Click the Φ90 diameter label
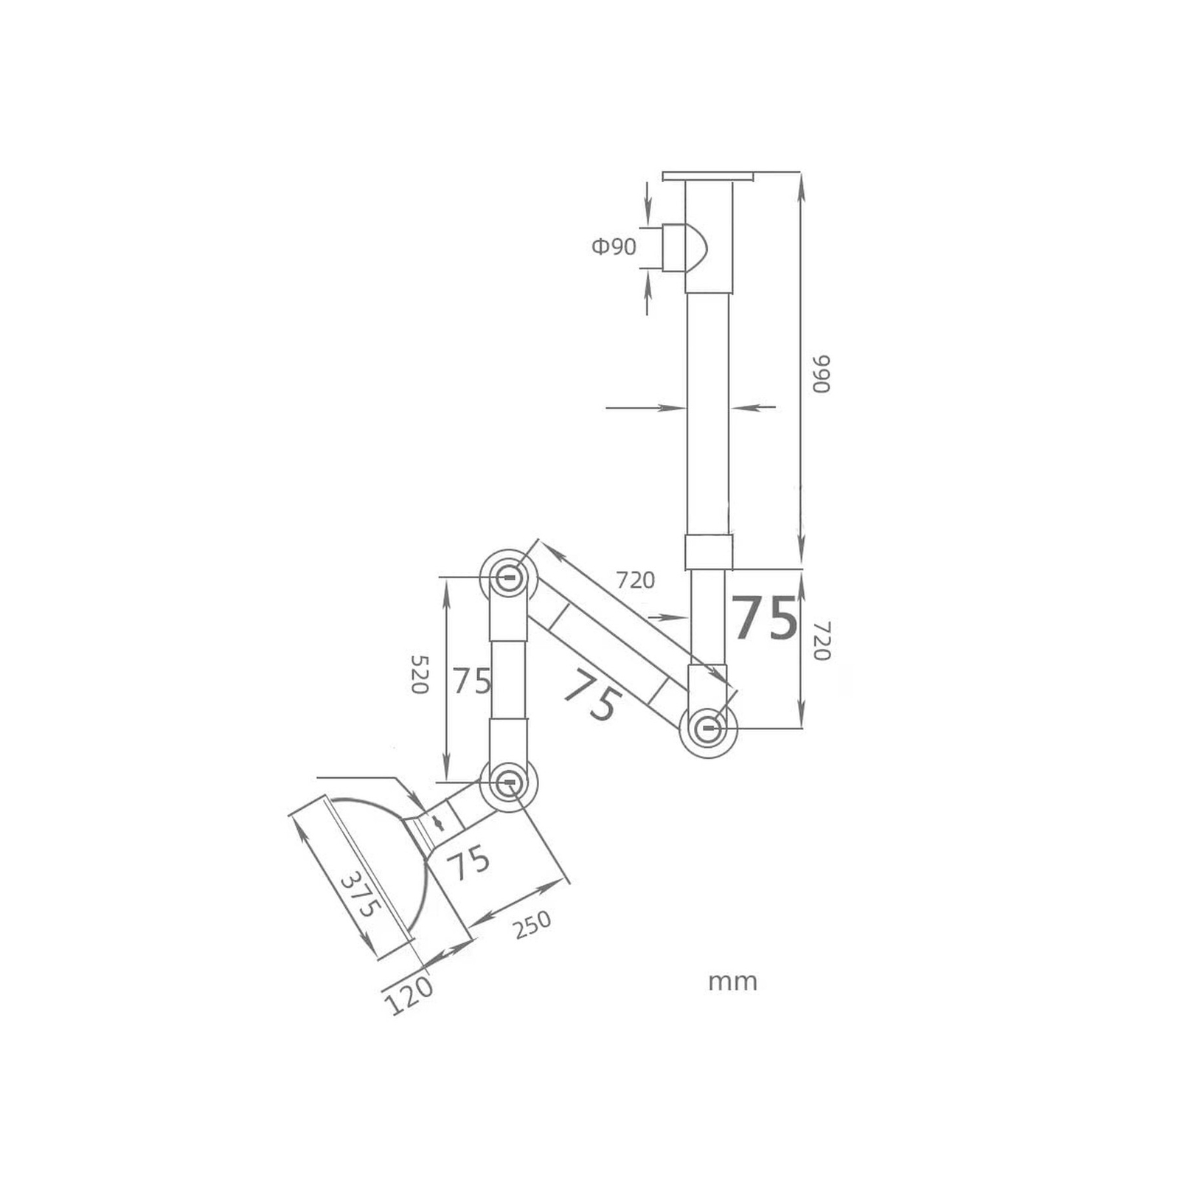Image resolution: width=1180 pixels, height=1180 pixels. (x=614, y=246)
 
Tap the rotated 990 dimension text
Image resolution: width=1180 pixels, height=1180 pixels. (x=822, y=374)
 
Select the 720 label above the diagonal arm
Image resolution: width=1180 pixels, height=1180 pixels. (x=635, y=580)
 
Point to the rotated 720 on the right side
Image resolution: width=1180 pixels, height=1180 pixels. (x=822, y=640)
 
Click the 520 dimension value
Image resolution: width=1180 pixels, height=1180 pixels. (x=419, y=673)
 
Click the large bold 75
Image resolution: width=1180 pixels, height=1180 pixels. (x=764, y=618)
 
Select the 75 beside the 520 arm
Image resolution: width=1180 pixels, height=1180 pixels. (x=472, y=681)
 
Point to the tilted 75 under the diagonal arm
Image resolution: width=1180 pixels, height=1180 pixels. (x=590, y=695)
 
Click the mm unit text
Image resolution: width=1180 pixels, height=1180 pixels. (x=732, y=982)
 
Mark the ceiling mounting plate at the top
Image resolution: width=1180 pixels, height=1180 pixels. (x=709, y=176)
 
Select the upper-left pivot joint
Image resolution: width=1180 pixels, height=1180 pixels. (x=508, y=577)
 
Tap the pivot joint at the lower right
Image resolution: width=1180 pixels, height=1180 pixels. (x=708, y=729)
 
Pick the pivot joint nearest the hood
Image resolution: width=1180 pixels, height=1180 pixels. (x=508, y=784)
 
